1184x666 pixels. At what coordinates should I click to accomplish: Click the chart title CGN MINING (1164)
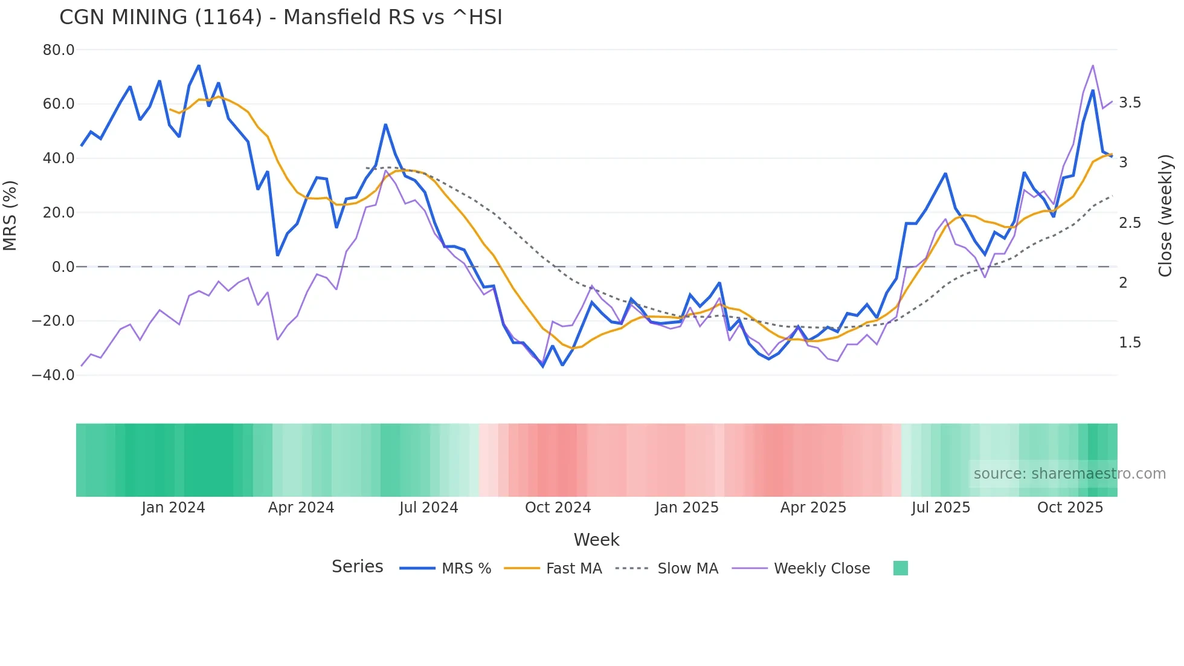click(280, 17)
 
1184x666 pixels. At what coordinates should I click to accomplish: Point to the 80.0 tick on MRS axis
click(59, 50)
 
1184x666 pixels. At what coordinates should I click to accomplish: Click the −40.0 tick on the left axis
click(54, 375)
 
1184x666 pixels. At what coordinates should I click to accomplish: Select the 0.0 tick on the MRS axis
click(63, 267)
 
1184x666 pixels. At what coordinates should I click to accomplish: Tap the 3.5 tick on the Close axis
click(1130, 103)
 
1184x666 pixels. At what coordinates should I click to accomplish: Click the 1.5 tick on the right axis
click(1130, 343)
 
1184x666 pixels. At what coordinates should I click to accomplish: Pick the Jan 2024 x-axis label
click(173, 508)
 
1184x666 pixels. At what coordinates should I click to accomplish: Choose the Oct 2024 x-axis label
click(558, 508)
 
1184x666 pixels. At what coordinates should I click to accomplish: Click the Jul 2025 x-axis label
click(941, 508)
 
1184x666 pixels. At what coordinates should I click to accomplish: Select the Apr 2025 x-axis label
click(813, 508)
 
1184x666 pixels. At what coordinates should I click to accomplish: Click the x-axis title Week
click(596, 540)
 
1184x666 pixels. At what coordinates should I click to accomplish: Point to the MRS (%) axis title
click(10, 216)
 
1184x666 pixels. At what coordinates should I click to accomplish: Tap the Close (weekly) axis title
click(1165, 216)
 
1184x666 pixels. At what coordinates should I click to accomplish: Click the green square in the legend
click(900, 568)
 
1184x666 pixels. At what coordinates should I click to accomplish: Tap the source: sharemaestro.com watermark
click(1069, 474)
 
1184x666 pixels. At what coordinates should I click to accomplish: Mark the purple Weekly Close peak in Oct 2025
click(1093, 66)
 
